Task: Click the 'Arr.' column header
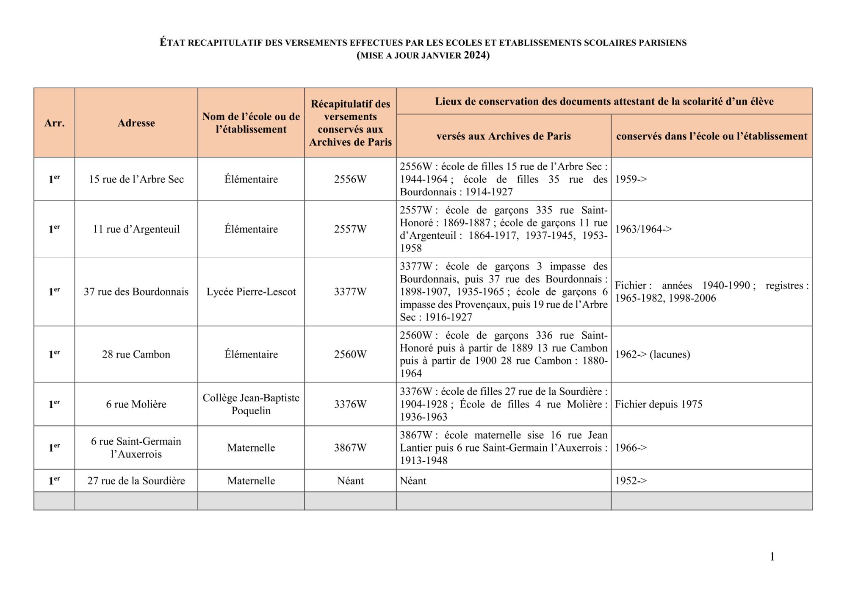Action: pos(54,123)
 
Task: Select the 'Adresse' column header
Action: pos(136,123)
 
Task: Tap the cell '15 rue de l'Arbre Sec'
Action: pos(136,179)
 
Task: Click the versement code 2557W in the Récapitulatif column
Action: pos(350,229)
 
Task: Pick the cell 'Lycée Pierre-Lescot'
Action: pos(251,292)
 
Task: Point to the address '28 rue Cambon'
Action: pos(136,355)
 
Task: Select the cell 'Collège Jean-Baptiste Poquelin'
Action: pos(251,404)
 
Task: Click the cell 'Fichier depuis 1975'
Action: pos(658,404)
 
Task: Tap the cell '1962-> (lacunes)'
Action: pos(652,355)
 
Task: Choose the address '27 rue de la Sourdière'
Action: pos(136,481)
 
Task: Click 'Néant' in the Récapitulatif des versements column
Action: pos(350,481)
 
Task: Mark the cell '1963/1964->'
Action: pos(643,229)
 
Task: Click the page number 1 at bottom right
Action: pos(772,557)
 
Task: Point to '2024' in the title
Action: pos(475,55)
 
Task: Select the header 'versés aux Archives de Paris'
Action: pos(504,136)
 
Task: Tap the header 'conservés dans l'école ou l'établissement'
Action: pos(711,136)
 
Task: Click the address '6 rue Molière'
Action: pos(136,404)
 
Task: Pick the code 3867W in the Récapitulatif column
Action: pos(350,448)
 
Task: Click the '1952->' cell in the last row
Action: pos(631,481)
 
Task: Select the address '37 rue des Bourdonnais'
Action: pos(136,292)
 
